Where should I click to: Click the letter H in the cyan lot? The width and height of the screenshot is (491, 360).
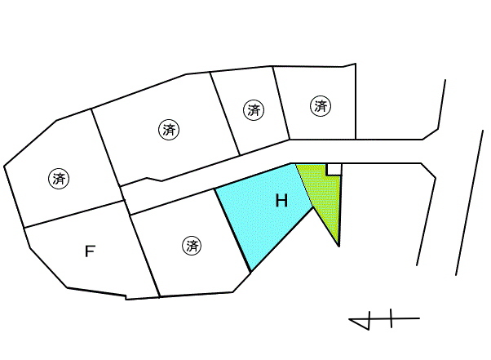[x=281, y=201]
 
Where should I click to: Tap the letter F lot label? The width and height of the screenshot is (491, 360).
[x=91, y=251]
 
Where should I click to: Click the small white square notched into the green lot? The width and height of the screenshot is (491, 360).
[x=334, y=169]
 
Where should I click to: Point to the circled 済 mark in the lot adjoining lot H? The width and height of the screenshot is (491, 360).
[x=192, y=246]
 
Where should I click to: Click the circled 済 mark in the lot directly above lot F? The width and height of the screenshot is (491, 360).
[x=59, y=179]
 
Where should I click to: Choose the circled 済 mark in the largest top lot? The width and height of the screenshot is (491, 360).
[x=169, y=130]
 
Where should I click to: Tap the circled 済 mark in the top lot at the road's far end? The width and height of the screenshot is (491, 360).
[x=321, y=106]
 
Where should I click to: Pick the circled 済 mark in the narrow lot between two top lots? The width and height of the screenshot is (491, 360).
[x=254, y=110]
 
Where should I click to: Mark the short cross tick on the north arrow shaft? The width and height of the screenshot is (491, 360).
[x=391, y=318]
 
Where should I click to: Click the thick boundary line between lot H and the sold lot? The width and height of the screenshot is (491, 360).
[x=232, y=230]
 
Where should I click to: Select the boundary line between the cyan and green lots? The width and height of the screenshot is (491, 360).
[x=304, y=185]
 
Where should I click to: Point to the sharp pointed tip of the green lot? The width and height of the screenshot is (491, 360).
[x=338, y=247]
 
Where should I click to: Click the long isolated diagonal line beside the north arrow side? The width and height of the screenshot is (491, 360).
[x=470, y=202]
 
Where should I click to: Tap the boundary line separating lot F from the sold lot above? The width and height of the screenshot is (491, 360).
[x=74, y=214]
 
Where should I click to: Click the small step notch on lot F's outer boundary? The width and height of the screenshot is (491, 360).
[x=126, y=297]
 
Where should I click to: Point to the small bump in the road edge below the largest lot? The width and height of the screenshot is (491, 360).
[x=154, y=180]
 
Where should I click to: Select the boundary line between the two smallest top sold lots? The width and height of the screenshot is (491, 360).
[x=281, y=103]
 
